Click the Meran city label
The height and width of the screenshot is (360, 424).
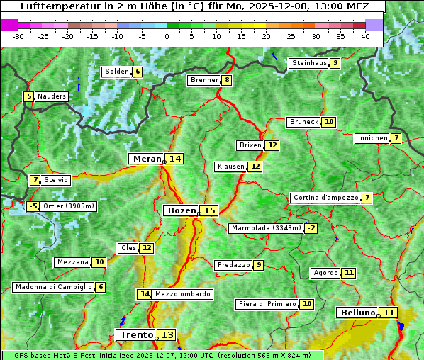146,159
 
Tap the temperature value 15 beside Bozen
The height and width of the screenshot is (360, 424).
209,210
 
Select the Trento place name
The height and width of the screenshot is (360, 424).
136,334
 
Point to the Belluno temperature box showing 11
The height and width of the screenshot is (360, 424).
389,313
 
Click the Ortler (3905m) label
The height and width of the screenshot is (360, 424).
68,207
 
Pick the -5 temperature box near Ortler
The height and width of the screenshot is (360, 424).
33,207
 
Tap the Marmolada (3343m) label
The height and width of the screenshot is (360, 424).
266,228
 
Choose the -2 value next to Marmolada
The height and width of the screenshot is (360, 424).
311,228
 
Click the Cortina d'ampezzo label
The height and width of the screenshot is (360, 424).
325,198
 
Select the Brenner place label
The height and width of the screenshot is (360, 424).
204,80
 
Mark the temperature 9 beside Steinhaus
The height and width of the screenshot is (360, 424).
335,63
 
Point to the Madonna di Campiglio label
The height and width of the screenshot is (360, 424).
53,287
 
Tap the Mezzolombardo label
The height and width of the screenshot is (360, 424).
182,293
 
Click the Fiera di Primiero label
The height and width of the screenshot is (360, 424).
267,304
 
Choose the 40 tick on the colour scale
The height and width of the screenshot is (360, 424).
365,36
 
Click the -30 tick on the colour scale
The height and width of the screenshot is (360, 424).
19,36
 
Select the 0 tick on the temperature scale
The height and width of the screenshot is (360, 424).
167,36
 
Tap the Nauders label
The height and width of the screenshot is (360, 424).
52,96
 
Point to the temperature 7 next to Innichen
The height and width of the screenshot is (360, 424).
396,138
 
